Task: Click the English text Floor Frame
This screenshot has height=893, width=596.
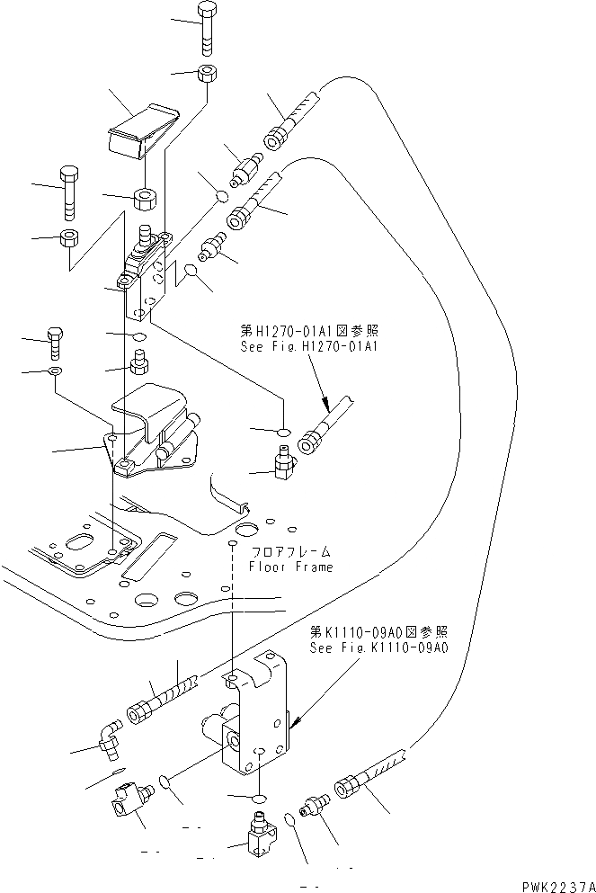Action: pos(290,567)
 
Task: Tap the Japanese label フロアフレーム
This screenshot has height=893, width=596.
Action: pos(290,551)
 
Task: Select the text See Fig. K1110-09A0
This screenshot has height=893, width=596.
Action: pos(378,647)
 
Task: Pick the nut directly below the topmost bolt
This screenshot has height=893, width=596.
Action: pos(206,74)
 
